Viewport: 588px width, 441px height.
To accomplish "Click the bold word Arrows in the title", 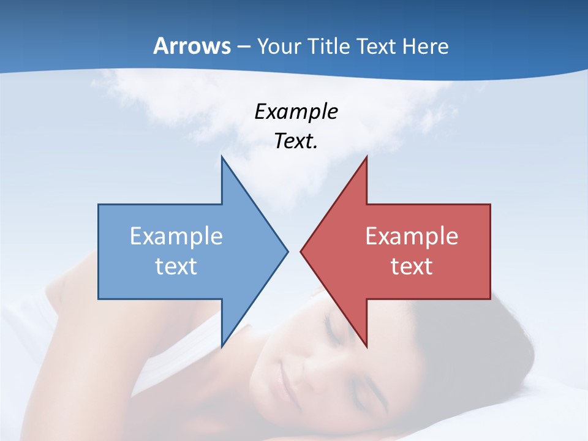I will click(192, 46).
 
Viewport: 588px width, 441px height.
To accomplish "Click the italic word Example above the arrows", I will click(296, 111).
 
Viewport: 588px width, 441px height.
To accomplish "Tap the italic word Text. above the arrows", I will click(296, 141).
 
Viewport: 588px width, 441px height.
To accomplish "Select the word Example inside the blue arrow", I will click(176, 236).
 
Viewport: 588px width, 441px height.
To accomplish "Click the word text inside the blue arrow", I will click(176, 266).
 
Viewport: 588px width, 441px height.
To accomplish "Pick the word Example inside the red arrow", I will click(412, 236).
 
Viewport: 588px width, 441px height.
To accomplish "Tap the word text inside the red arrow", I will click(412, 266).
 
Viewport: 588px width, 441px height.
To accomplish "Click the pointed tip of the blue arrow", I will click(287, 251).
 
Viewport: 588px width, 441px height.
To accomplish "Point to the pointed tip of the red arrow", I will click(301, 251).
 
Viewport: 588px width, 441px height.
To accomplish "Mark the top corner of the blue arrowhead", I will click(222, 157).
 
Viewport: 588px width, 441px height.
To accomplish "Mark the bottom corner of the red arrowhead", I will click(366, 346).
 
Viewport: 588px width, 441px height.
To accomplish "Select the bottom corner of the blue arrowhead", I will click(222, 346).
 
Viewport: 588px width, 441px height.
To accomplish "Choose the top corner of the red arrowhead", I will click(366, 157).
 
